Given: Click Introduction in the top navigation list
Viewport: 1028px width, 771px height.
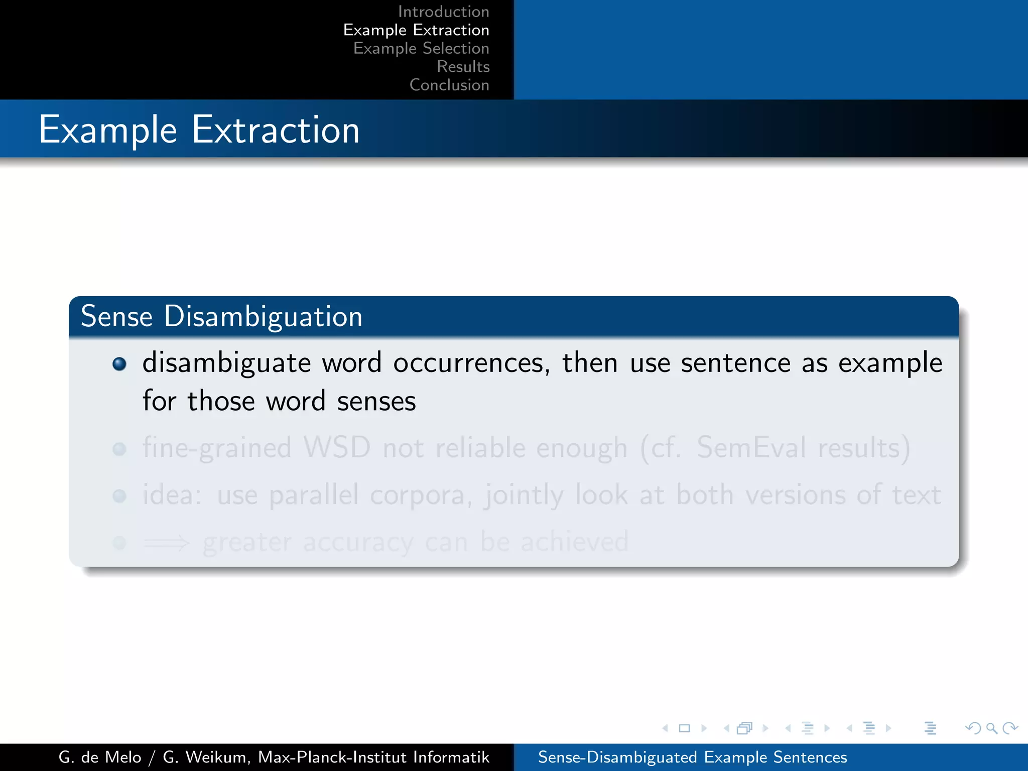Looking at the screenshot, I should coord(443,12).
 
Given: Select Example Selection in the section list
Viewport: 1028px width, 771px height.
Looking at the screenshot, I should coord(421,48).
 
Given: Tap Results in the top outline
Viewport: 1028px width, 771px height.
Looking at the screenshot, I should coord(463,67).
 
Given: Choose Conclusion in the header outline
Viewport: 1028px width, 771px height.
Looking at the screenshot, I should coord(449,85).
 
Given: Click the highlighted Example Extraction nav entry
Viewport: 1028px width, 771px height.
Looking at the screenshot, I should coord(416,30).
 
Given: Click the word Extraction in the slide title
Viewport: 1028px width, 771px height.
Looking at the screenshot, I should coord(276,130).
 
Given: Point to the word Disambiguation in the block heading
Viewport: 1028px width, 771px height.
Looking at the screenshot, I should coord(263,317).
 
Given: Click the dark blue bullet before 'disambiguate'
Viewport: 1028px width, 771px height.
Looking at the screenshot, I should coord(119,363).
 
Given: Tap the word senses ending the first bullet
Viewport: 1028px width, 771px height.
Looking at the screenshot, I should coord(376,402).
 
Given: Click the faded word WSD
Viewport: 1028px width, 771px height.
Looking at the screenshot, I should coord(337,447).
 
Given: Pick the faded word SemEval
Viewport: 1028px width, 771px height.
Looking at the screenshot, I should coord(751,447).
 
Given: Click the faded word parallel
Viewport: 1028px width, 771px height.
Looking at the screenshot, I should coord(314,495).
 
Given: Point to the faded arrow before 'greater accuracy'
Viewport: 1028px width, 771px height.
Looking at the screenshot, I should coord(167,543).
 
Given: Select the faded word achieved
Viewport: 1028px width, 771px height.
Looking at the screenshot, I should coord(574,542).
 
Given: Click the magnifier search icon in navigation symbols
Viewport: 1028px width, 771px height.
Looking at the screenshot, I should coord(991,728).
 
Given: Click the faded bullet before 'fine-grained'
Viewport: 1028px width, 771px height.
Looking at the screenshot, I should coord(119,449).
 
